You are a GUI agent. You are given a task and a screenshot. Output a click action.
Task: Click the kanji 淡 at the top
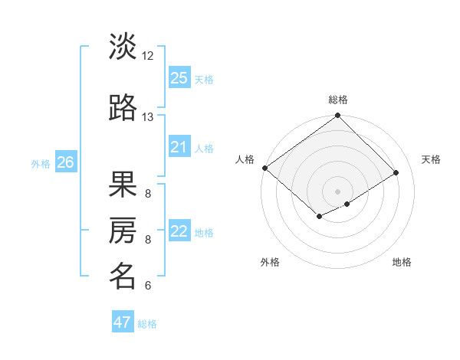123,47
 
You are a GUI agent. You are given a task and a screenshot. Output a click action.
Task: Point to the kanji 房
123,231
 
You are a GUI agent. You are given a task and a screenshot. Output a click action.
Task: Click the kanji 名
123,277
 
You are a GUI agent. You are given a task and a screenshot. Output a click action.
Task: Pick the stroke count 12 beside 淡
148,56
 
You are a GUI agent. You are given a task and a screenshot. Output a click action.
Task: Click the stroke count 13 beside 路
148,117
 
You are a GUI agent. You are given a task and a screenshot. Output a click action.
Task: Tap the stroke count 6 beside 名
148,286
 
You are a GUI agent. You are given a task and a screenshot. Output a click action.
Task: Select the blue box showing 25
179,78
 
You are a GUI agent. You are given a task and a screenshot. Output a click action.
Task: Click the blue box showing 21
179,147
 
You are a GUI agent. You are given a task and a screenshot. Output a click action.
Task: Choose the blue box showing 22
179,231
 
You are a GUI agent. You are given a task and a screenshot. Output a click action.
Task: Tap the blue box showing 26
65,162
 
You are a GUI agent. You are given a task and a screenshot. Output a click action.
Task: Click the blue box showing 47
123,322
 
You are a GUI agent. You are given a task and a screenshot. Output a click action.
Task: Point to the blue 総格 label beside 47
147,324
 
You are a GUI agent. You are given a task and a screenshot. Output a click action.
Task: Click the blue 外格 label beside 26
41,164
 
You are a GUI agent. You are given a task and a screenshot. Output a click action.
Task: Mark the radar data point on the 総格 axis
337,116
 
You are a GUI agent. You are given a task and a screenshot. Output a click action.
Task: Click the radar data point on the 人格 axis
264,168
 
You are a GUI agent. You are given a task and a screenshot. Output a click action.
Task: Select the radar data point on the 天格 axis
396,172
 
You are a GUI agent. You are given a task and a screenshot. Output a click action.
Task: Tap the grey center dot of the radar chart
337,191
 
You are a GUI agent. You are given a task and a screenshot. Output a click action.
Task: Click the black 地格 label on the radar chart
402,262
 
